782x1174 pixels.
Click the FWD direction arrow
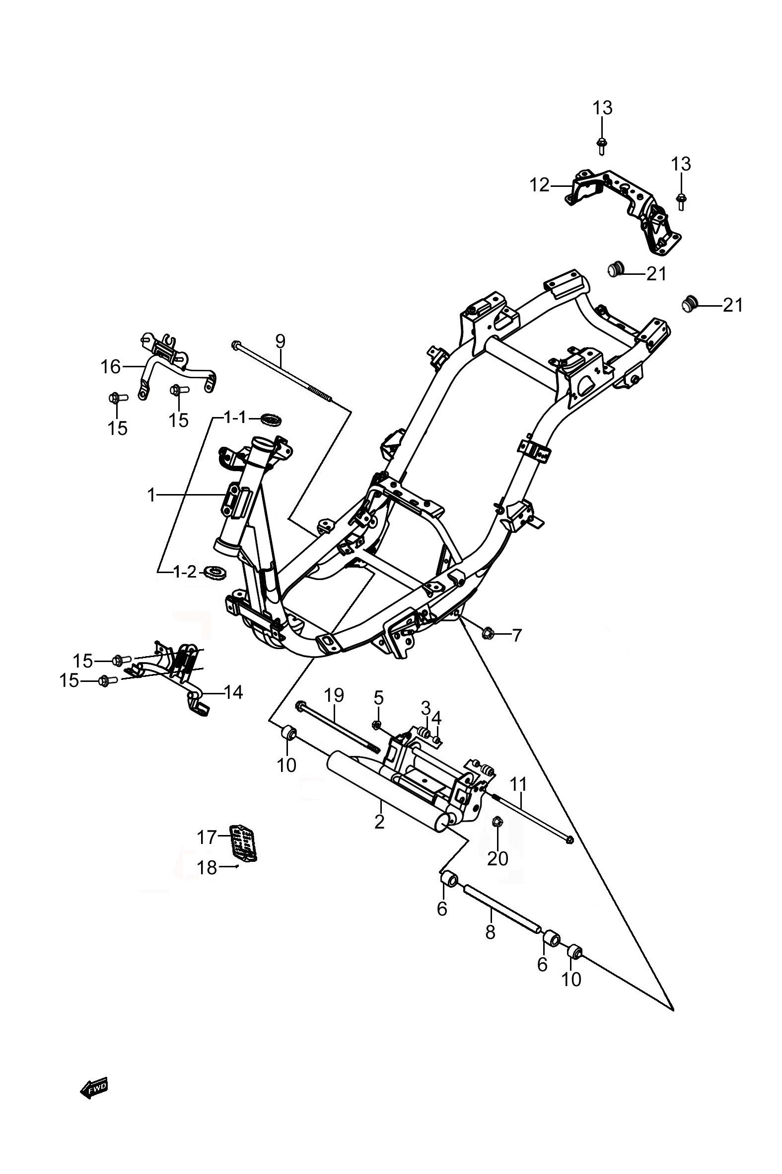pos(94,1088)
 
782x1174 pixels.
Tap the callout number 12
pos(539,186)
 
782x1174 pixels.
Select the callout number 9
pos(281,341)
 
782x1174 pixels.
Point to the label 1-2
pos(184,572)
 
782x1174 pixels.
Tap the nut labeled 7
pos(487,634)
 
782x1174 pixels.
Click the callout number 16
pos(111,367)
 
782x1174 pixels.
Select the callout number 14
pos(233,692)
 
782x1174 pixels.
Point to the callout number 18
pos(208,868)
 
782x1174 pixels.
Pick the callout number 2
pos(379,821)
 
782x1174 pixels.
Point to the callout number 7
pos(516,635)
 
